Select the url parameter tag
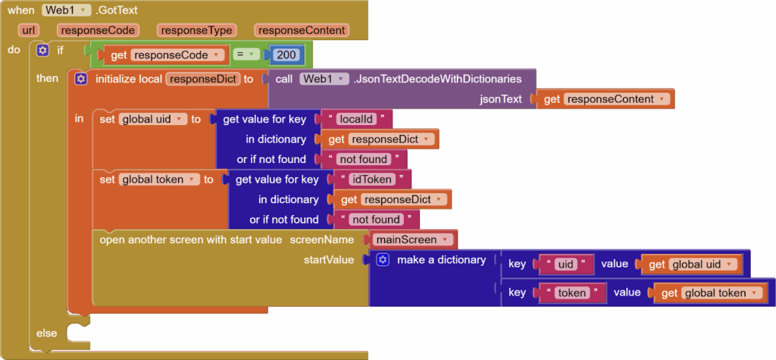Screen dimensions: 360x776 coord(30,30)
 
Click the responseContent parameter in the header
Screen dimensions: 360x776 coord(301,30)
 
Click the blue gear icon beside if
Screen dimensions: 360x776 coord(42,50)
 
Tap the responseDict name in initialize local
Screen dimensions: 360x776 coord(202,78)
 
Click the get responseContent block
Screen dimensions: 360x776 coord(603,99)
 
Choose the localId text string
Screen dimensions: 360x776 coord(356,119)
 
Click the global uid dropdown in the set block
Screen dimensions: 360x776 coord(152,119)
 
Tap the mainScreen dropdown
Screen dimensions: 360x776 coord(411,239)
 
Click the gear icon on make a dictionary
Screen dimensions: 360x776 coord(383,260)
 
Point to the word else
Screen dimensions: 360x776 coord(47,333)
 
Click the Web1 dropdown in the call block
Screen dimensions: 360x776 coord(324,78)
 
